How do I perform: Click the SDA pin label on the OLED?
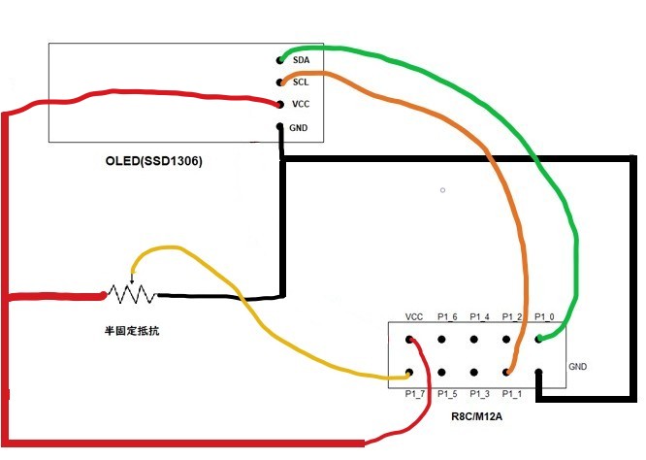300,60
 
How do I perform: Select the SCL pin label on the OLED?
300,82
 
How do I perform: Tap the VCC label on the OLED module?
300,105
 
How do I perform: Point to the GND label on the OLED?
300,127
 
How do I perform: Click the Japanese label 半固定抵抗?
132,331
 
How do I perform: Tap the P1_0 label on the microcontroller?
545,317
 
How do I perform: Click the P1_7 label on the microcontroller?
415,394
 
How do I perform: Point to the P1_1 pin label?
512,394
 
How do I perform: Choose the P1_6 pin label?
447,317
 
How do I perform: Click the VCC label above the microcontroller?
414,317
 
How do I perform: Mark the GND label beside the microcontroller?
578,367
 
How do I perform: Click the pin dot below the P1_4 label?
475,340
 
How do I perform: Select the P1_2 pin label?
512,317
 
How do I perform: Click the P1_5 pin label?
447,394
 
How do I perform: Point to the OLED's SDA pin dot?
280,60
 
